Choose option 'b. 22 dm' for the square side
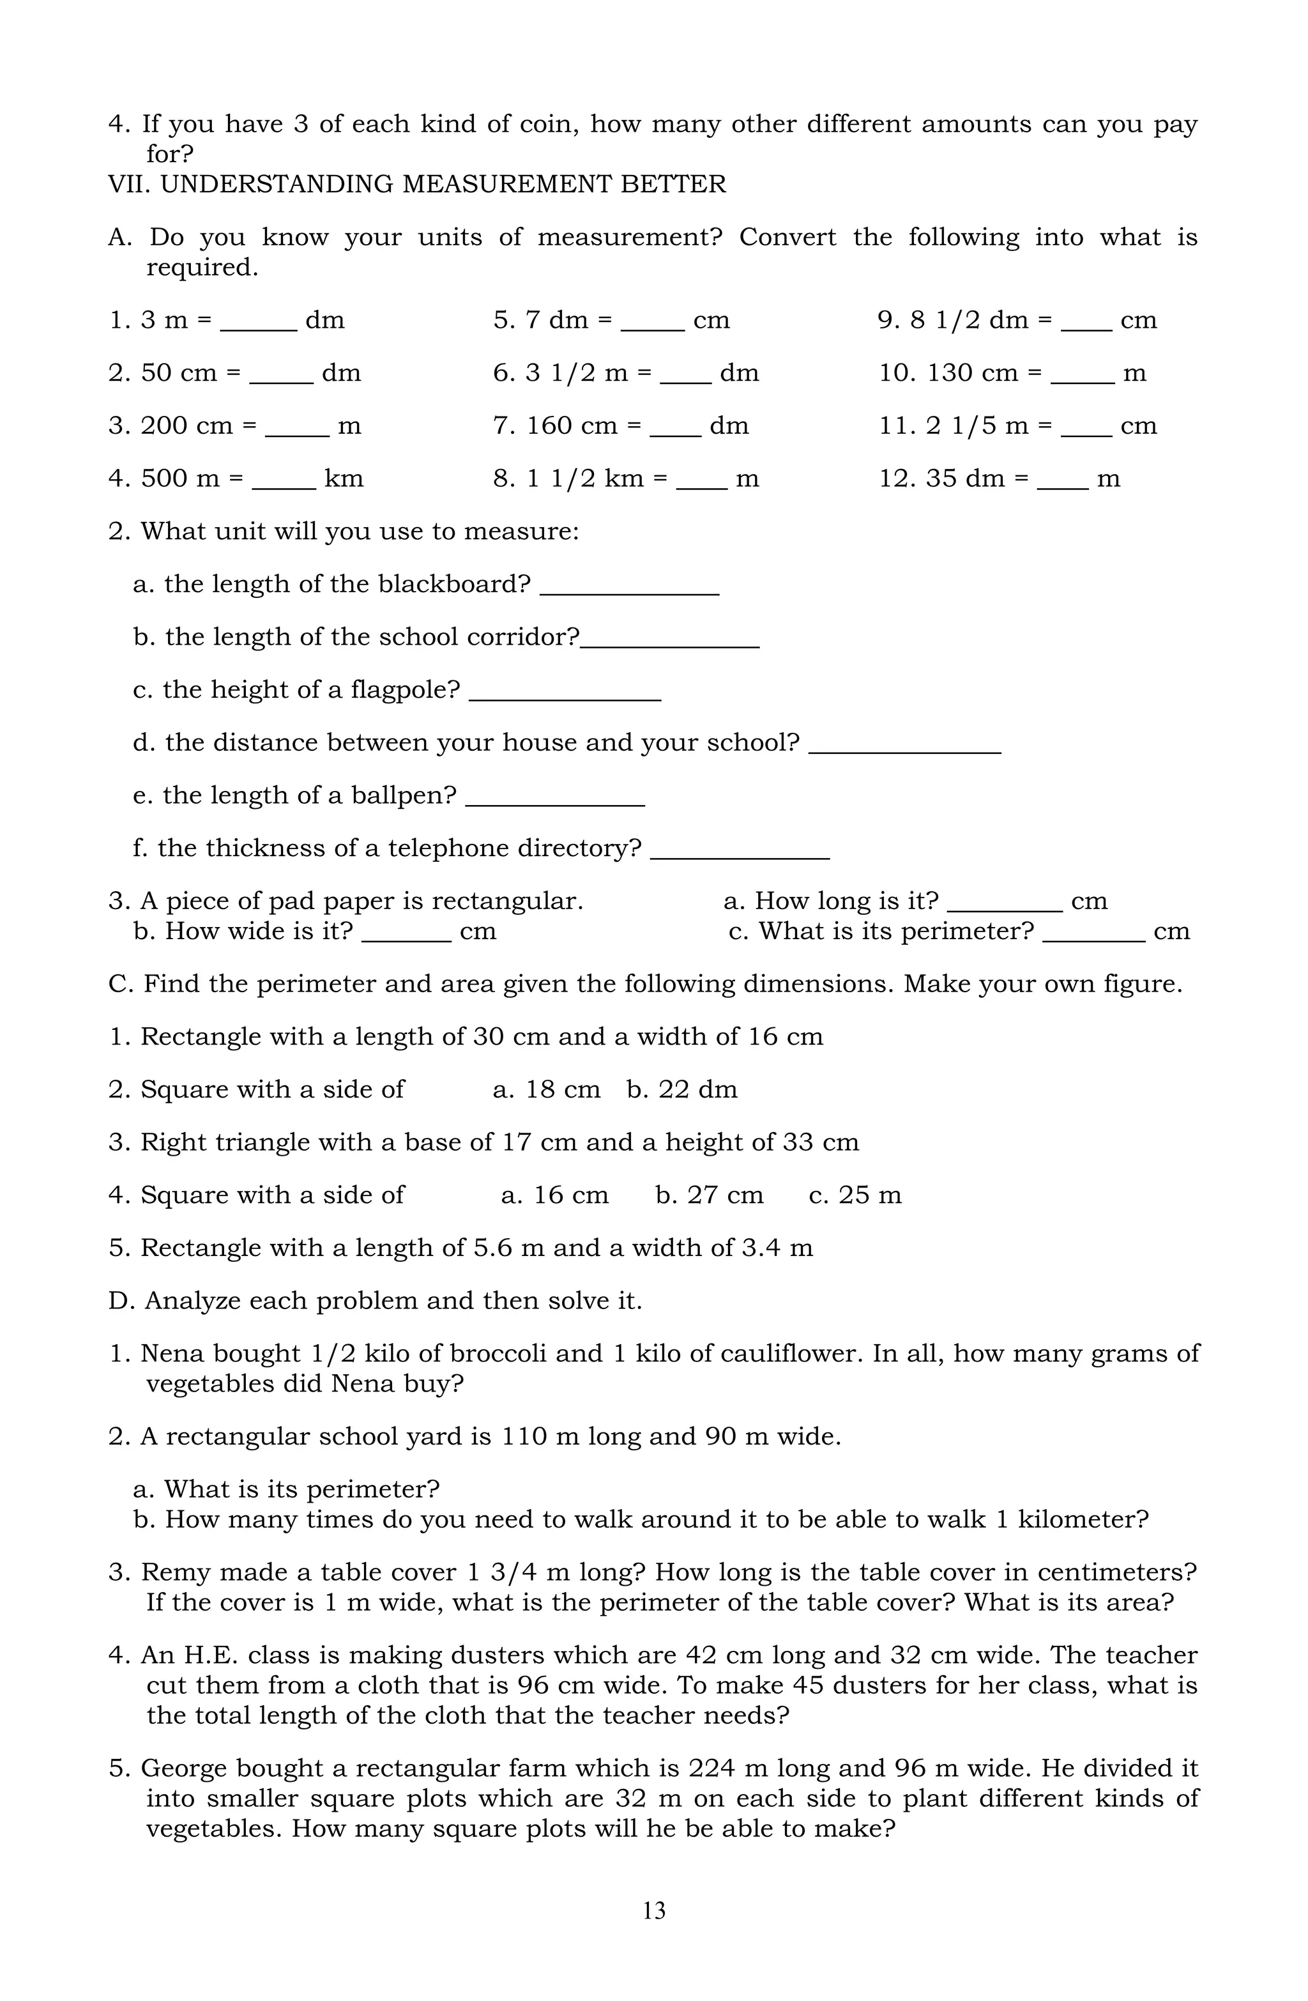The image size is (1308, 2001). [x=681, y=1089]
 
